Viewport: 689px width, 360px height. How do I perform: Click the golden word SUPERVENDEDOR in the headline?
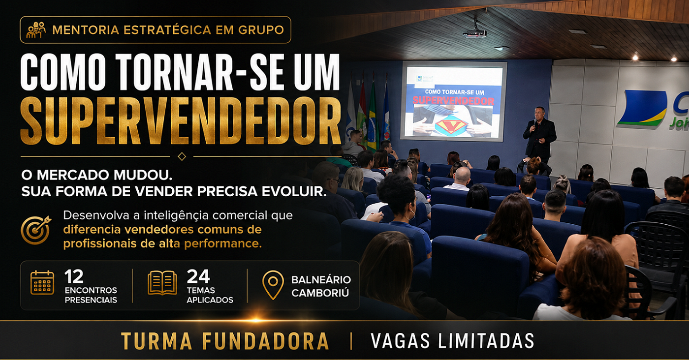click(x=181, y=121)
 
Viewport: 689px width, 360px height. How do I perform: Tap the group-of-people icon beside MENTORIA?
click(x=36, y=30)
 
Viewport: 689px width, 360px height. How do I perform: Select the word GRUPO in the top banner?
click(x=261, y=30)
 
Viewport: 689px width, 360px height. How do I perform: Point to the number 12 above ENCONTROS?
click(x=74, y=277)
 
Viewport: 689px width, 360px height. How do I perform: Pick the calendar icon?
click(x=42, y=283)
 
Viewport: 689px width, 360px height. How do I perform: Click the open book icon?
click(x=162, y=283)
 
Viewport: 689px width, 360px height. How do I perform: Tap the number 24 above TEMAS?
click(x=198, y=276)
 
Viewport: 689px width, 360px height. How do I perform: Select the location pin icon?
click(x=273, y=285)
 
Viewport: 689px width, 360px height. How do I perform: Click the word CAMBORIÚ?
click(x=320, y=293)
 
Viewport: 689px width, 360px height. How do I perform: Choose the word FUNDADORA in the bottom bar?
click(x=265, y=341)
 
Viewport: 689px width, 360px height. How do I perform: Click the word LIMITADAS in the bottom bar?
click(x=486, y=341)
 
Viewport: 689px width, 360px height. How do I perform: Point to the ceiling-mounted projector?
click(x=474, y=31)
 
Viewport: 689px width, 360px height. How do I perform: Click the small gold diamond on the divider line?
click(x=182, y=156)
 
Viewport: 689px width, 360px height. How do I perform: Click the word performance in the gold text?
click(x=222, y=244)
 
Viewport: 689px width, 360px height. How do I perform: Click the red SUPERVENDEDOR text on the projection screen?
click(x=453, y=100)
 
